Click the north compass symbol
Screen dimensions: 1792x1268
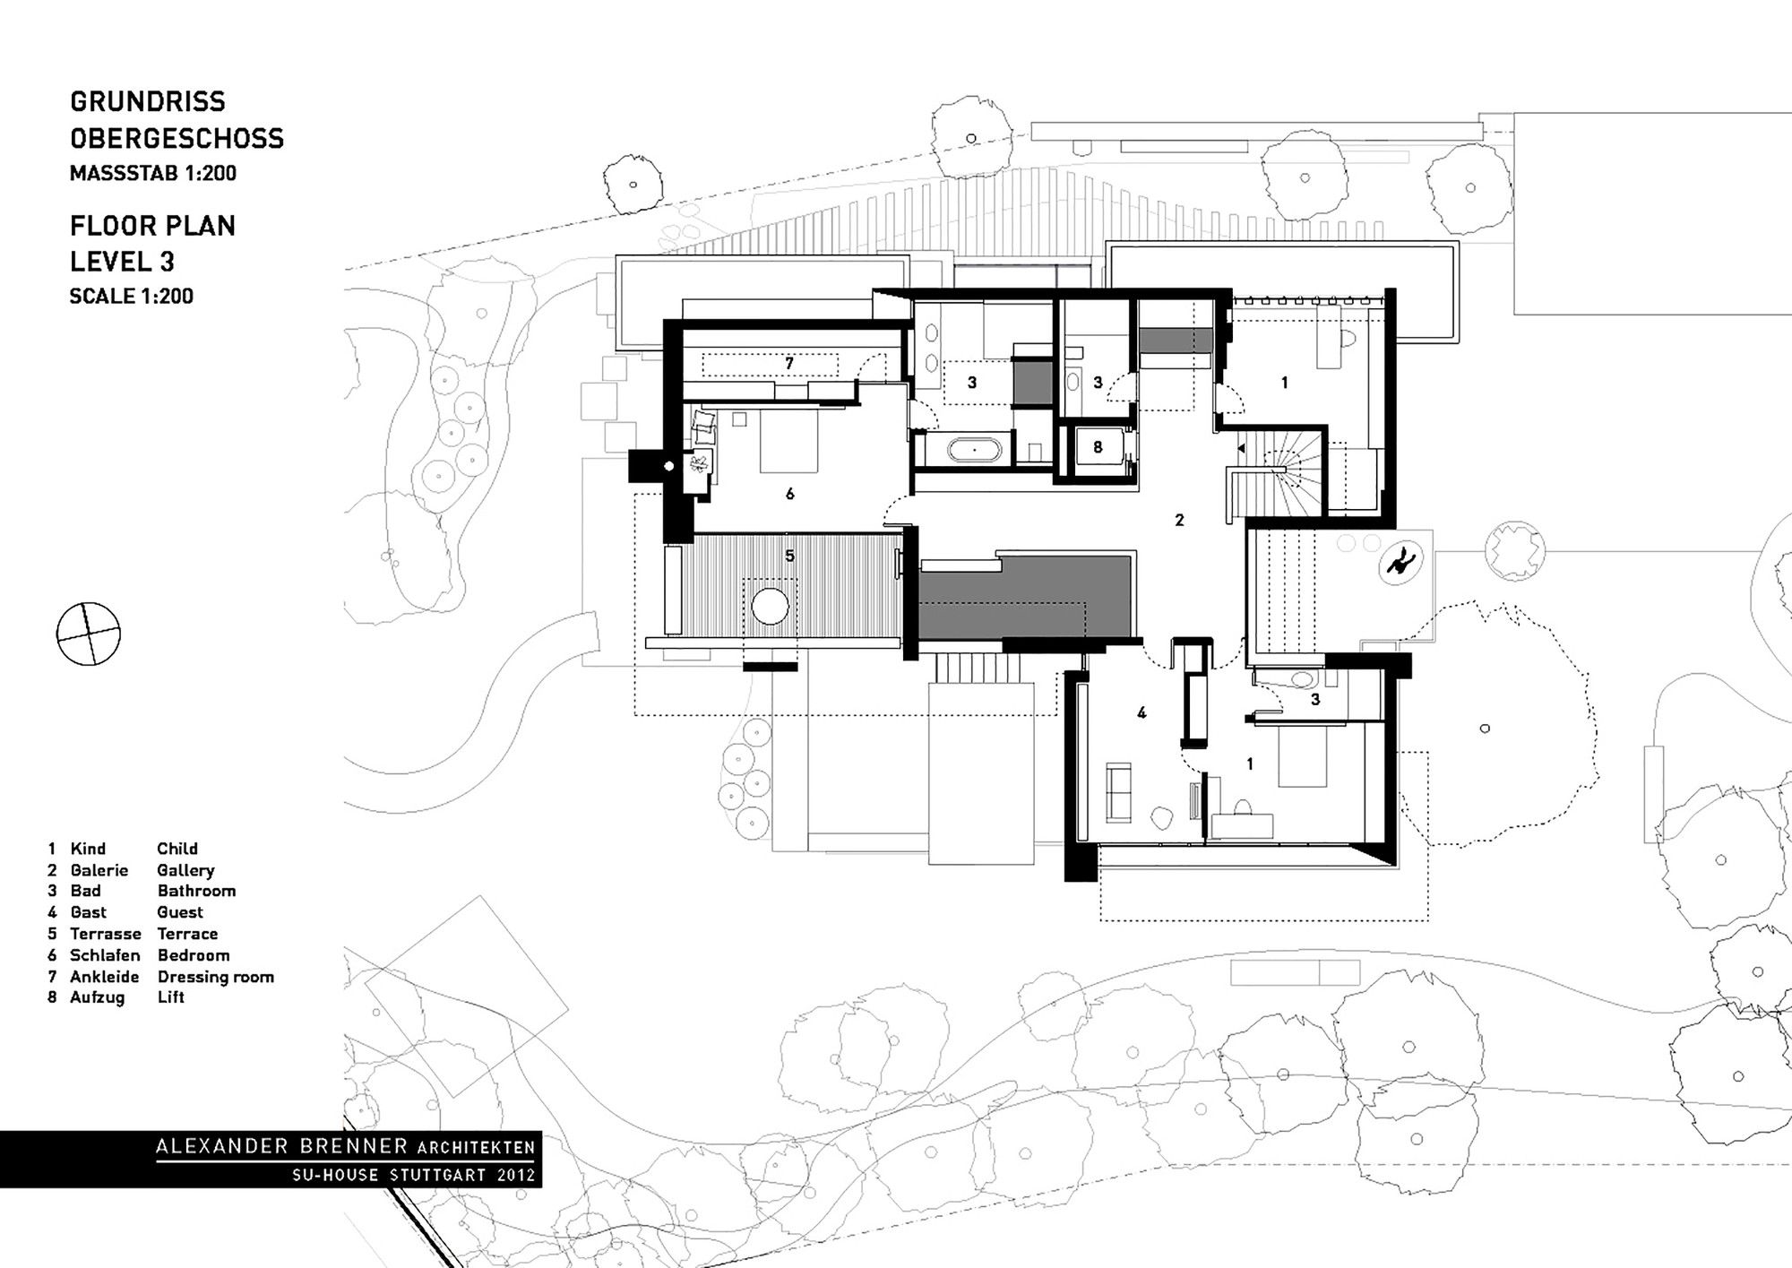point(88,634)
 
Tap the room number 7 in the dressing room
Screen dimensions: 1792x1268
point(789,364)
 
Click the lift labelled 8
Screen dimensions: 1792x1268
point(1098,447)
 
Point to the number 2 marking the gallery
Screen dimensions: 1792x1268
point(1179,520)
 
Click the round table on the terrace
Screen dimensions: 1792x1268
point(770,607)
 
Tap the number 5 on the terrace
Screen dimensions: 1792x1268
point(789,556)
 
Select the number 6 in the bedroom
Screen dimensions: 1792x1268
point(789,494)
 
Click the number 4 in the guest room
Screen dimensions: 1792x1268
point(1142,713)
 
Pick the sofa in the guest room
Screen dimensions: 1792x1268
point(1119,791)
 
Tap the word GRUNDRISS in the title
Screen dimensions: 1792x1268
point(148,101)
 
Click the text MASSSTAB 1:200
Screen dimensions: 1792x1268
point(153,173)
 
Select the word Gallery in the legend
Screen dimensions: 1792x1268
point(186,870)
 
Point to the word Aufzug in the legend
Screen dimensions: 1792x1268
point(98,997)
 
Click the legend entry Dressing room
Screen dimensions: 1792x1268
point(216,977)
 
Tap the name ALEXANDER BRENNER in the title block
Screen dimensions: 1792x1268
point(283,1146)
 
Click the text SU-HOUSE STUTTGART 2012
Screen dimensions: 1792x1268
point(414,1175)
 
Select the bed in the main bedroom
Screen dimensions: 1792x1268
point(789,441)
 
